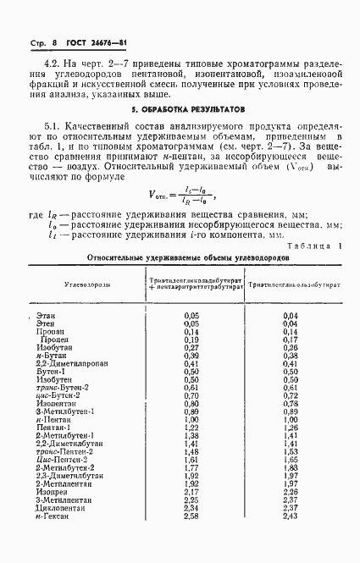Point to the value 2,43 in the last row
291,516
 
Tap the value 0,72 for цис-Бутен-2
291,395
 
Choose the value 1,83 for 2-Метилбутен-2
291,467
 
